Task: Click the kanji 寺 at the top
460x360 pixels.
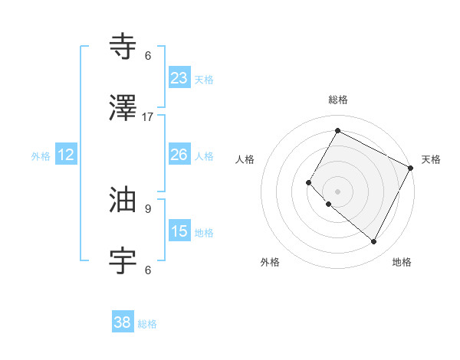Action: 123,47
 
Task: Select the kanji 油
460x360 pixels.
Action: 123,201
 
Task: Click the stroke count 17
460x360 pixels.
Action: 148,116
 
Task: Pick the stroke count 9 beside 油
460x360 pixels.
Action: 148,208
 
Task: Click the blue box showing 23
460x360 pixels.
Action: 179,78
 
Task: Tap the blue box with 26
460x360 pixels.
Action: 179,155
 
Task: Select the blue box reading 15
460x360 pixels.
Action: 179,231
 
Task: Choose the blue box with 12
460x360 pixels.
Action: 66,155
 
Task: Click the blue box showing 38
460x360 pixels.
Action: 123,323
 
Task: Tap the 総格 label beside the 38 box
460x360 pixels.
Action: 147,324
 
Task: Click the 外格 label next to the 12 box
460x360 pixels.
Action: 41,155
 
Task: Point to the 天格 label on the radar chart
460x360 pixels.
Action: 431,159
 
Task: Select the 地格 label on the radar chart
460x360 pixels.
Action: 402,262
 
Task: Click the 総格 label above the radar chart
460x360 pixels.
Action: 337,100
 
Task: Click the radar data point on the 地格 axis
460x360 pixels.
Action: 374,242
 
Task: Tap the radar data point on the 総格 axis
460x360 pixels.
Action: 337,131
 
